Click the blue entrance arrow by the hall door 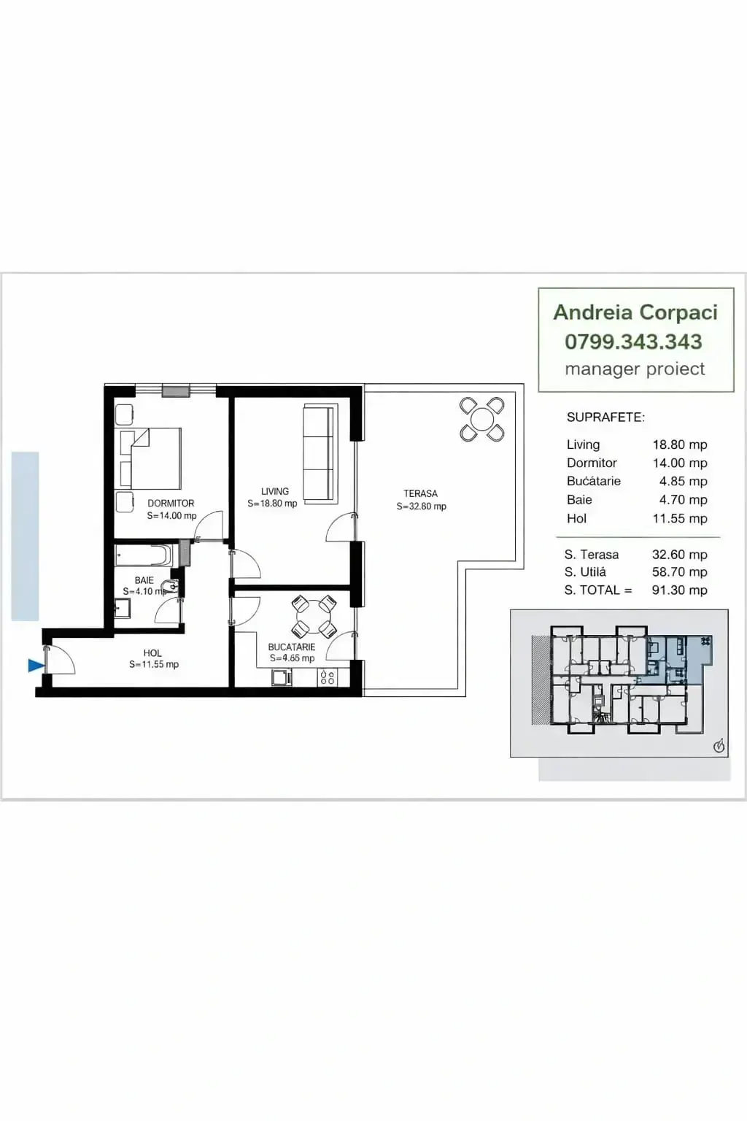(36, 665)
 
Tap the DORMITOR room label (171, 503)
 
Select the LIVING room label (275, 491)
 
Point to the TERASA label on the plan (421, 493)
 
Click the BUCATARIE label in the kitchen (292, 647)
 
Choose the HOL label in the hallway (152, 653)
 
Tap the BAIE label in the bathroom (144, 580)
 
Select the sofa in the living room (319, 452)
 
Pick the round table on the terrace (481, 420)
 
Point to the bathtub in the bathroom (144, 555)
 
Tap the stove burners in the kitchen (328, 677)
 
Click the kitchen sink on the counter (282, 677)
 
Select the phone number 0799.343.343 (633, 342)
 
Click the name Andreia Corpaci (635, 312)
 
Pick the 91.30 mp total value (679, 590)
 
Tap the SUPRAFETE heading (606, 417)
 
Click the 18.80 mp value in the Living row (679, 444)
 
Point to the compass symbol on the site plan (719, 747)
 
